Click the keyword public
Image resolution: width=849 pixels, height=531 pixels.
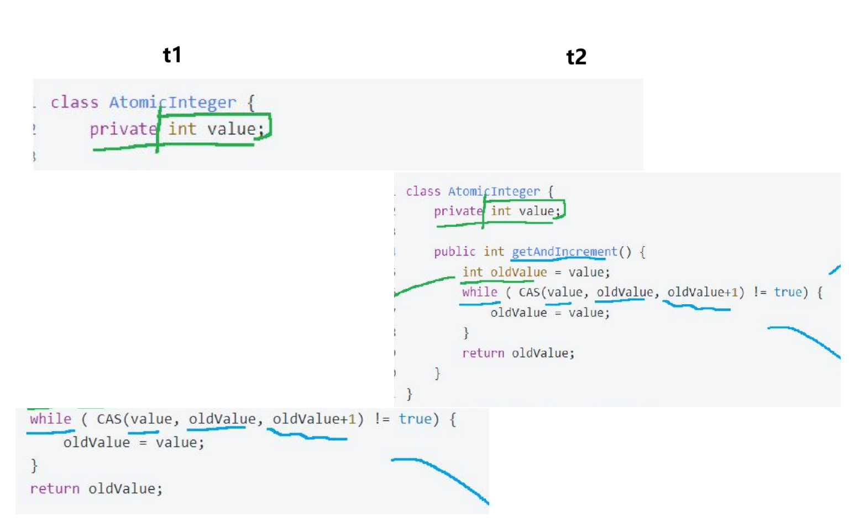(x=454, y=252)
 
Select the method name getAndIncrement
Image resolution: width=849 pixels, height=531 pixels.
(x=564, y=252)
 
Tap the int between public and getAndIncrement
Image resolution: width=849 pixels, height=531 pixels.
(x=494, y=252)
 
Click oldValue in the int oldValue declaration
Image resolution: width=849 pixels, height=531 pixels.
(x=518, y=272)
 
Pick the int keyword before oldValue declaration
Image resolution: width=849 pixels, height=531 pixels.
(x=473, y=272)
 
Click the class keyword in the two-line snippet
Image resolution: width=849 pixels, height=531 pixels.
(x=74, y=102)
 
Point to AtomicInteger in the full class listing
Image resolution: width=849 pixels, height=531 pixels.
(x=494, y=191)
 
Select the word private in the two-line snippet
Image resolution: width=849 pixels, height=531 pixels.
(x=123, y=129)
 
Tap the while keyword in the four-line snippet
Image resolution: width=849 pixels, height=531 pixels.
(x=50, y=419)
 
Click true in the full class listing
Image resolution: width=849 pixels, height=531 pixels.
(x=787, y=292)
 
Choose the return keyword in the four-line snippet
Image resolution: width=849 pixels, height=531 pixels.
(x=55, y=488)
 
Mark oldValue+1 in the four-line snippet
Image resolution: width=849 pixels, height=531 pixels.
(x=314, y=419)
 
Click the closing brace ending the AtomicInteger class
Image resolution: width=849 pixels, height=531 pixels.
(x=409, y=394)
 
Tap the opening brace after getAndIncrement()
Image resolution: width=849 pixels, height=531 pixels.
(x=642, y=252)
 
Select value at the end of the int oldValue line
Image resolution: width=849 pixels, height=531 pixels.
(x=588, y=272)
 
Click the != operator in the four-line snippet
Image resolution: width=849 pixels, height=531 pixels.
(x=381, y=419)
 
